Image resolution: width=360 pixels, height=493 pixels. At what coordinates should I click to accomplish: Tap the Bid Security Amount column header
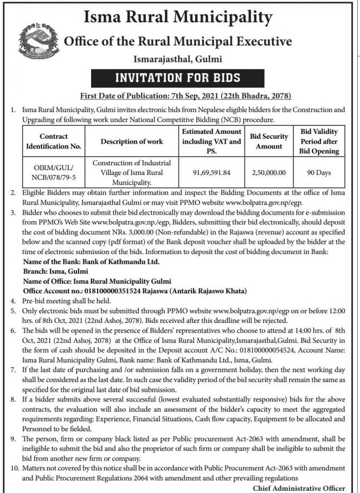(269, 141)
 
